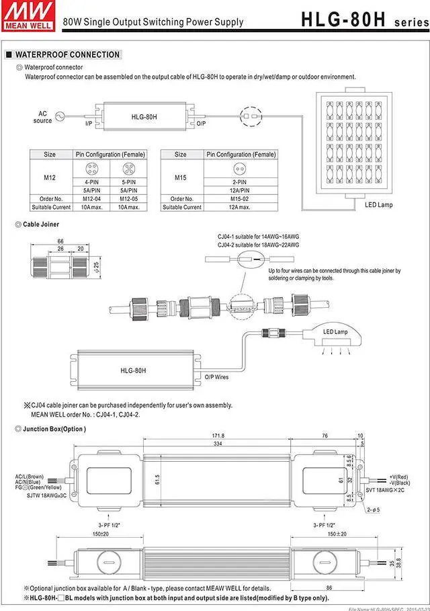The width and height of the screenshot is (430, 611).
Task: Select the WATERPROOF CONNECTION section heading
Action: (67, 54)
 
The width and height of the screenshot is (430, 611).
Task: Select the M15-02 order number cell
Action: (240, 198)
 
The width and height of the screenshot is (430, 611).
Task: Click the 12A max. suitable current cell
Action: (240, 207)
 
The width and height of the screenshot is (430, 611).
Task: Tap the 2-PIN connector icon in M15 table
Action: (240, 169)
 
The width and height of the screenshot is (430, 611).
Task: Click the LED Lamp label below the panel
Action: (379, 205)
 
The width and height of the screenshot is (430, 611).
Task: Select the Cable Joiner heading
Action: (41, 224)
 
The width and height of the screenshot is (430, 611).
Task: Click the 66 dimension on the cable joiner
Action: (60, 240)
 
